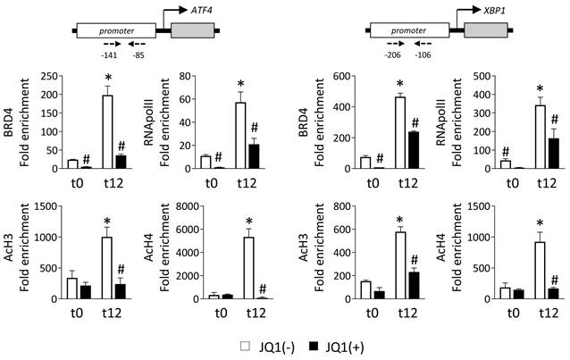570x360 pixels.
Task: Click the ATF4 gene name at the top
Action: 216,10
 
